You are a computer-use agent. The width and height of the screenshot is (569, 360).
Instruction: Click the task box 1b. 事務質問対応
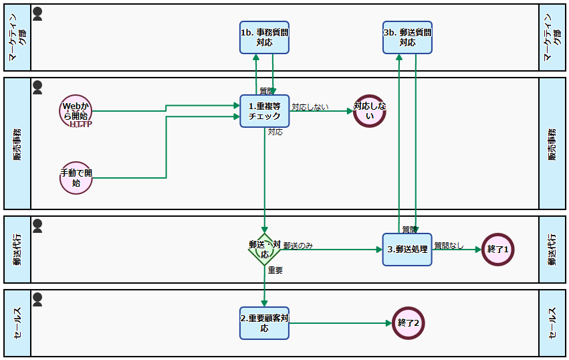pos(264,37)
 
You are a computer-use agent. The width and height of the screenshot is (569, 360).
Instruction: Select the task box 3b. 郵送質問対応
pos(407,37)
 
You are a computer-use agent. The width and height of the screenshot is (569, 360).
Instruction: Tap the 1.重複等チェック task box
pos(264,110)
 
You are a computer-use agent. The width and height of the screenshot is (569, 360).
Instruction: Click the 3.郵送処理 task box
pos(407,249)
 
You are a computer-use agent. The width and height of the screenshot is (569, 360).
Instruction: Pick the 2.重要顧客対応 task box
pos(264,323)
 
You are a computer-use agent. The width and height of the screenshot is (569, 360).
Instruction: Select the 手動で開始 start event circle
pos(75,178)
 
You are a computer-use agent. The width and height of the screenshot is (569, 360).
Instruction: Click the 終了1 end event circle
pos(498,249)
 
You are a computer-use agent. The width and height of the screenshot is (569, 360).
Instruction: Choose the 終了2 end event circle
pos(409,323)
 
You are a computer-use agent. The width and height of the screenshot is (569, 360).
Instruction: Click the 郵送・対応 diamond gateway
pos(264,250)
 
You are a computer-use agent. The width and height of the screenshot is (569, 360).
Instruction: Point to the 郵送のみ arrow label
pos(298,246)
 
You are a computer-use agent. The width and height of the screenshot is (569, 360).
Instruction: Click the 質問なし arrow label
pos(449,246)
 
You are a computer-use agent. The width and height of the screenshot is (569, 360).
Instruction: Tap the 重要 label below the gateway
pos(275,270)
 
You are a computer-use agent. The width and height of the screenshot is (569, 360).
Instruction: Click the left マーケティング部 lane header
pos(17,37)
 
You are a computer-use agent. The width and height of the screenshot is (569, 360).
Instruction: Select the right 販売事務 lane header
pos(552,144)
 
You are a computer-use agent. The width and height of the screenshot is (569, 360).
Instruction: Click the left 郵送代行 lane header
pos(17,249)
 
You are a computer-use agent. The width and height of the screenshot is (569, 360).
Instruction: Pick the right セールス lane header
pos(552,323)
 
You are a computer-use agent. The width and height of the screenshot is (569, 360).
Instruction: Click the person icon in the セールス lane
pos(37,298)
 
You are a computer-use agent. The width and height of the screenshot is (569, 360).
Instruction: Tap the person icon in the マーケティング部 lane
pos(37,13)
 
